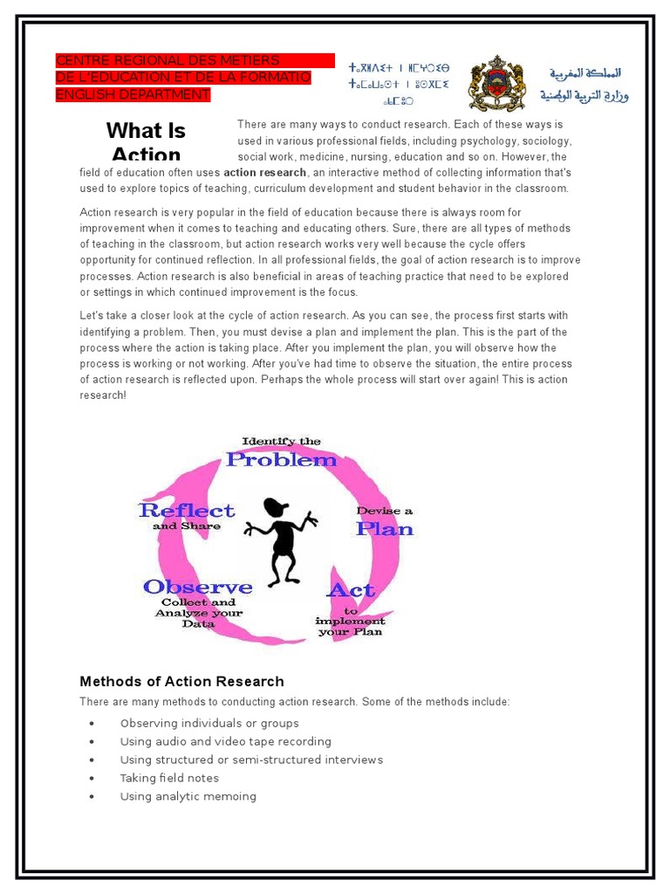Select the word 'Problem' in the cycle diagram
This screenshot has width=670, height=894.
tap(281, 459)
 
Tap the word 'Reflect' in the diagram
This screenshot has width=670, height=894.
tap(186, 510)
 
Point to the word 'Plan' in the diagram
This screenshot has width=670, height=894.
tap(383, 529)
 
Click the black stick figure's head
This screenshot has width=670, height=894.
tap(276, 507)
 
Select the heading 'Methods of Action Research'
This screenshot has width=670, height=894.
tap(181, 681)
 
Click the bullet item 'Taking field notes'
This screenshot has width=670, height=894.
tap(169, 778)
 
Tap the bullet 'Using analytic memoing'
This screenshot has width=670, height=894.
tap(188, 796)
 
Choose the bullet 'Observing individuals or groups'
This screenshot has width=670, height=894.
tap(209, 723)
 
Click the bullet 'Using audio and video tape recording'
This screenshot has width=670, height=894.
tap(225, 741)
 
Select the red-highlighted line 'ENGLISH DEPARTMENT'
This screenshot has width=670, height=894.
tap(133, 94)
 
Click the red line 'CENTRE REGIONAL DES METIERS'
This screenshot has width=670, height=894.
tap(167, 60)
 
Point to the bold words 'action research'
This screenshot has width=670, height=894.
tap(264, 173)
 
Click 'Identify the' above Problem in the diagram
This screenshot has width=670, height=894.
tap(281, 441)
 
